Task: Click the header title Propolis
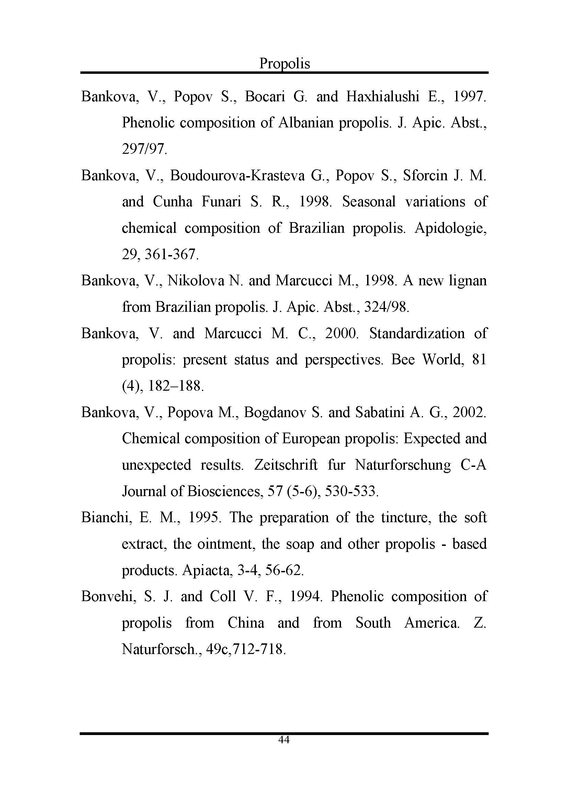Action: coord(284,64)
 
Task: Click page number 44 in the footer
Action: coord(284,739)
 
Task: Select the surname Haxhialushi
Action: coord(383,96)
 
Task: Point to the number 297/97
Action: coord(144,149)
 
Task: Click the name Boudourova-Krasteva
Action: coord(237,175)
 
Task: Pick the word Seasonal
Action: coord(368,202)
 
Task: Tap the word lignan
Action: coord(467,281)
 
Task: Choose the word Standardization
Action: coord(417,333)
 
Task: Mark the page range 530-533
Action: coord(352,491)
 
